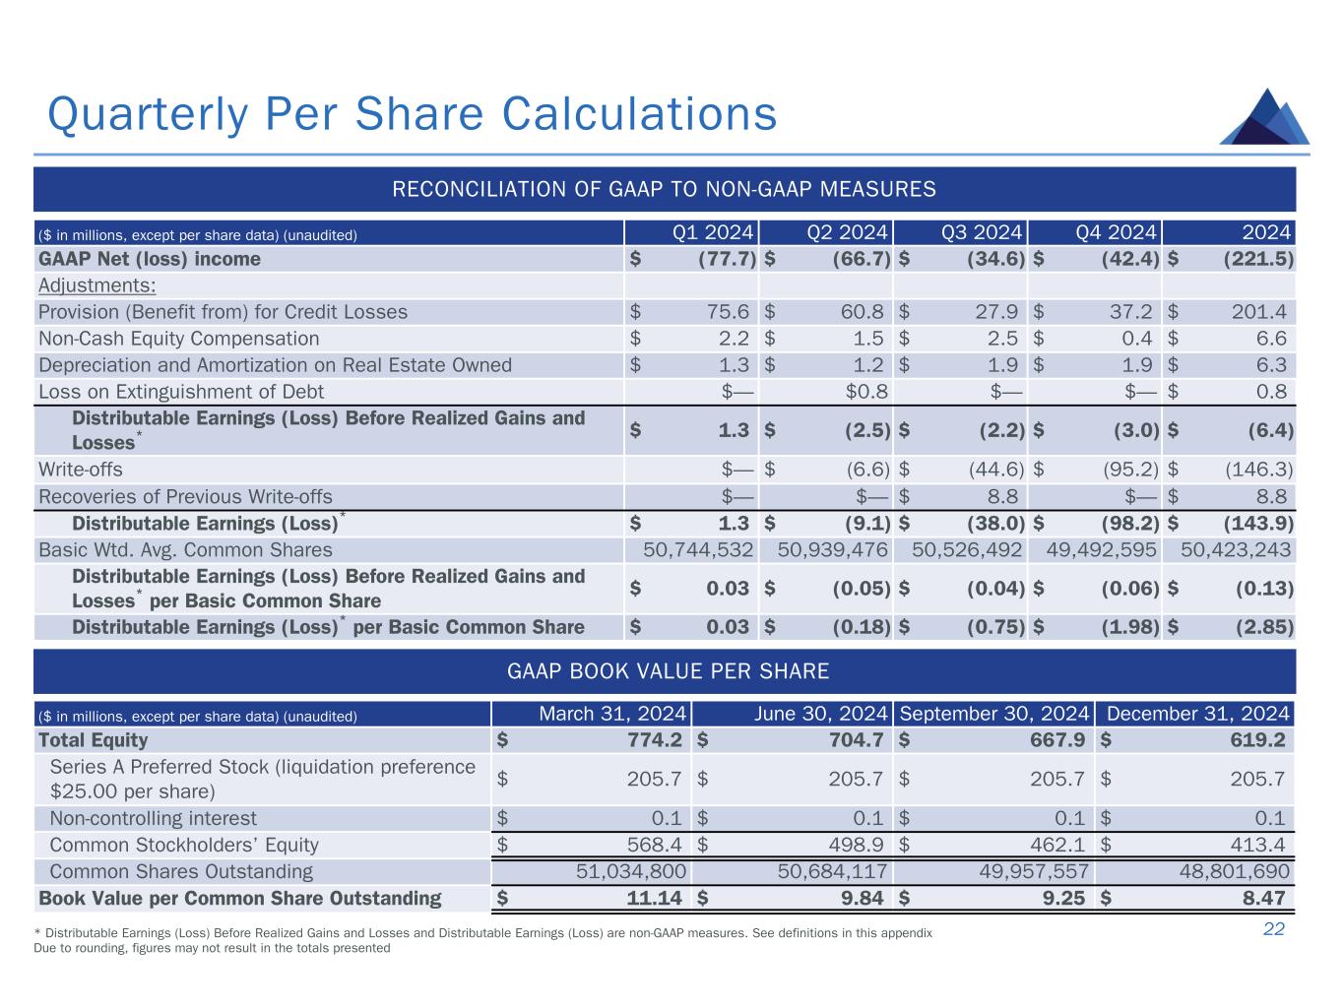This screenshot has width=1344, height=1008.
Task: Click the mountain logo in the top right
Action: pos(1264,117)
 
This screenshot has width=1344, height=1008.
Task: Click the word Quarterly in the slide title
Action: pos(148,114)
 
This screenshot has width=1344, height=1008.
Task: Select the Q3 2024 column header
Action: pos(982,232)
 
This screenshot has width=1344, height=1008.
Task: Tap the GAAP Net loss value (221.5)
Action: pos(1258,259)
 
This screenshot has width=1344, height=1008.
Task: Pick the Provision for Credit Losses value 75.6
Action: pos(728,312)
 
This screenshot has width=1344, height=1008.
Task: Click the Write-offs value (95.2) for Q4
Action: pos(1130,470)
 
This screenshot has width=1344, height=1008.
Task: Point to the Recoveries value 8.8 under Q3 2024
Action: pos(1002,496)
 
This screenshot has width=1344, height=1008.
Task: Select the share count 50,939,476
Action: pos(832,549)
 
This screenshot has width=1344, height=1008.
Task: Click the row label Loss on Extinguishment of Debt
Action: pos(181,392)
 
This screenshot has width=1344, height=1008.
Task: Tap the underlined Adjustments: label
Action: pos(96,285)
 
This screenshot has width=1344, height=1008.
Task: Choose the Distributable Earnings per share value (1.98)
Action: pos(1130,627)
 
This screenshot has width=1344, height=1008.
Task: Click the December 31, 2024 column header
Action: pos(1197,714)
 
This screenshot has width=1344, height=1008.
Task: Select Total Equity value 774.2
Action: pos(654,740)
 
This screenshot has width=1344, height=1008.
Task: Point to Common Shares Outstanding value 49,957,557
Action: pos(1034,871)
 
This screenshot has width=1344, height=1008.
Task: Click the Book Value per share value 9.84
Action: pos(863,898)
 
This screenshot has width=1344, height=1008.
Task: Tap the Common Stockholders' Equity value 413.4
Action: pos(1257,845)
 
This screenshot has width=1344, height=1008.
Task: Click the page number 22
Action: pos(1273,929)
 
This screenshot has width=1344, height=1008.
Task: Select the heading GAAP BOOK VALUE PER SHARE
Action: pos(668,671)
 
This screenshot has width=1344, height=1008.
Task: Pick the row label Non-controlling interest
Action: pos(153,818)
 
